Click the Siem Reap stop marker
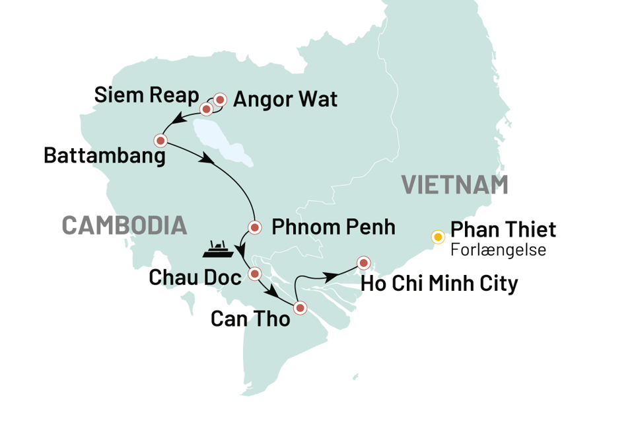[x=206, y=108]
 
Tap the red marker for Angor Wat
[x=220, y=99]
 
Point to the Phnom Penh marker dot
[x=254, y=227]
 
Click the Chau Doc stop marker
[x=254, y=272]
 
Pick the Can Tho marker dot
[x=300, y=307]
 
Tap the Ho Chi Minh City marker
[x=363, y=262]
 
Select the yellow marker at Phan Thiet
[x=437, y=237]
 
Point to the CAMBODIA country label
[x=123, y=225]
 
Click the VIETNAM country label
[x=456, y=185]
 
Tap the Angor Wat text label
[x=285, y=100]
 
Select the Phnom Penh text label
[x=334, y=228]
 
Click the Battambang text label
[x=104, y=156]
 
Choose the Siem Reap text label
[x=147, y=95]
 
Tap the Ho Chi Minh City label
[x=440, y=284]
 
